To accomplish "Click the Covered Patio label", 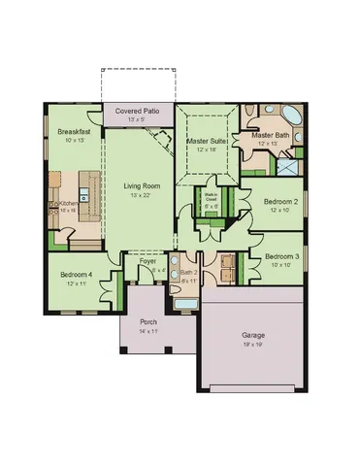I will click(138, 112).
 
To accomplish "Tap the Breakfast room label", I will click(74, 130).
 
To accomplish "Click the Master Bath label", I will click(271, 135).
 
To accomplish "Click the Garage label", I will click(253, 335).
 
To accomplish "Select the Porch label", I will click(148, 321).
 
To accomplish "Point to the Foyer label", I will click(147, 261).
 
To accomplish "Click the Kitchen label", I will click(68, 202).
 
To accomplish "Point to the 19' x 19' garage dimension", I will click(253, 344).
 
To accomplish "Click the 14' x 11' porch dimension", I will click(148, 331).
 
